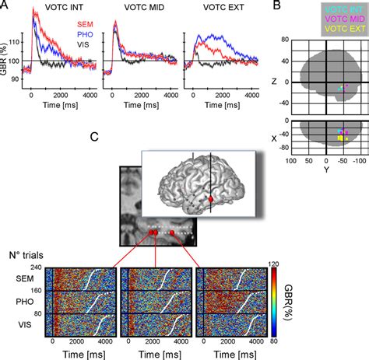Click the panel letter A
[5, 6]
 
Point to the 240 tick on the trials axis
[36, 267]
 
